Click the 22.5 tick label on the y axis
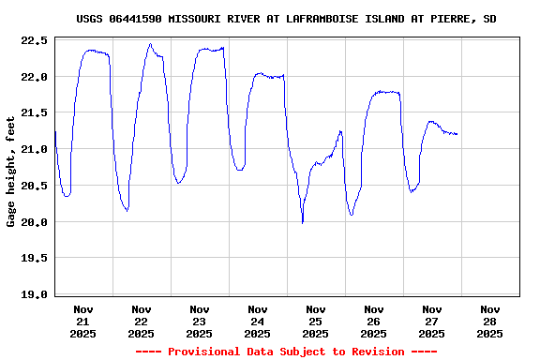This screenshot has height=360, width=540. pyautogui.click(x=34, y=40)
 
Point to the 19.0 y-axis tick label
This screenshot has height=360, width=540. pyautogui.click(x=34, y=294)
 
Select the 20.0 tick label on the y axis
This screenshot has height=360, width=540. pyautogui.click(x=34, y=222)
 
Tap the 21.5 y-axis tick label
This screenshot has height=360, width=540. pyautogui.click(x=34, y=113)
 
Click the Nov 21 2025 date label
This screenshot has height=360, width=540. pyautogui.click(x=83, y=321)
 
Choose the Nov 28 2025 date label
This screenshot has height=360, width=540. pyautogui.click(x=489, y=321)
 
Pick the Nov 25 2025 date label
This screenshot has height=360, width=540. pyautogui.click(x=315, y=321)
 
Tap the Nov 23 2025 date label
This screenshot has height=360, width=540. pyautogui.click(x=199, y=321)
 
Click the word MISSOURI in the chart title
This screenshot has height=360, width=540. pyautogui.click(x=194, y=19)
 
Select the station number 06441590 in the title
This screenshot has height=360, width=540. pyautogui.click(x=137, y=19)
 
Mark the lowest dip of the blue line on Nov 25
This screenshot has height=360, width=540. pyautogui.click(x=302, y=222)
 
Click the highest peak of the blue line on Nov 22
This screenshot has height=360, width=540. pyautogui.click(x=150, y=44)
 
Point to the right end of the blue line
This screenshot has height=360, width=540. pyautogui.click(x=457, y=134)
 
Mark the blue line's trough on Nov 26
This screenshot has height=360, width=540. pyautogui.click(x=351, y=215)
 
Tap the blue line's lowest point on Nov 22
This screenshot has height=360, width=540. pyautogui.click(x=127, y=210)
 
